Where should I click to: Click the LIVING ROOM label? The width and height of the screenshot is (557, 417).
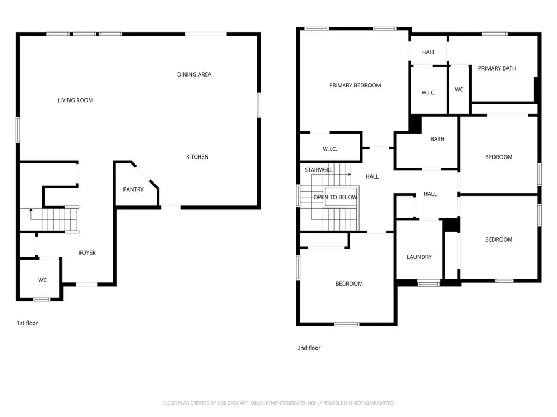coord(75,100)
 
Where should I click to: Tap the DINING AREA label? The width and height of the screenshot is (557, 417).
coord(194,74)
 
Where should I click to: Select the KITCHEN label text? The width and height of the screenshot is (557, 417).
coord(197,157)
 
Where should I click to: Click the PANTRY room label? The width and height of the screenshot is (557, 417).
coord(133,189)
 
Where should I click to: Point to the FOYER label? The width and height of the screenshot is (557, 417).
coord(88,253)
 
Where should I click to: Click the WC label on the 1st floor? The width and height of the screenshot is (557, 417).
coord(42,280)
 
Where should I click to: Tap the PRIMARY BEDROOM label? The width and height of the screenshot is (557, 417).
coord(355,85)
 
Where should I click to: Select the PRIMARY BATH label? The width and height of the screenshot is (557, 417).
coord(497,68)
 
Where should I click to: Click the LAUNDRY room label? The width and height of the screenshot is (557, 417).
coord(419,257)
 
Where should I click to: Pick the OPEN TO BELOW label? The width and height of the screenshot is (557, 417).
coord(335,197)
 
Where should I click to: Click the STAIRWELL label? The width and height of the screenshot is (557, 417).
coord(319,170)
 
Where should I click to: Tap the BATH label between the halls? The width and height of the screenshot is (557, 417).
coord(437,139)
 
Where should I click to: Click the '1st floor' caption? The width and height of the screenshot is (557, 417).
coord(27,323)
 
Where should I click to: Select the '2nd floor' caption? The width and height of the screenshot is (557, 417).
coord(308,348)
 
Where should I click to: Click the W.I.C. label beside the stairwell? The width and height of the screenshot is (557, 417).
coord(331,149)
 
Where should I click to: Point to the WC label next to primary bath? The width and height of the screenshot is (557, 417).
coord(459,90)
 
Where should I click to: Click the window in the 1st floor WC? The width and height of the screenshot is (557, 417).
coord(42,299)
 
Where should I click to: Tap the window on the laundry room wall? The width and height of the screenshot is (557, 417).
coord(429,282)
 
